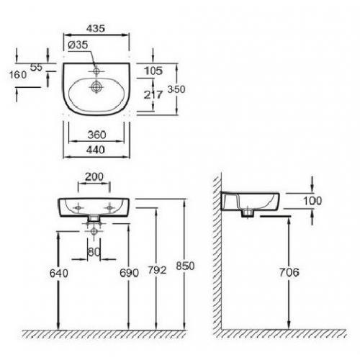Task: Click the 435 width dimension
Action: pos(96,29)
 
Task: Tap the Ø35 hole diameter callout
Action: pos(78,45)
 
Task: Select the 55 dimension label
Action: pos(37,68)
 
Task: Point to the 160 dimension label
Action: pos(18,75)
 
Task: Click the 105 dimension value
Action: pos(153,71)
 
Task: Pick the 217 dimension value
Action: pos(153,94)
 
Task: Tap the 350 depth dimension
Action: pos(176,89)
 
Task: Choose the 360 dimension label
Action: pos(96,135)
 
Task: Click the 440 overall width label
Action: pos(96,150)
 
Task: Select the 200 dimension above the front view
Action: pos(94,177)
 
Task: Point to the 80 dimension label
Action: pos(94,252)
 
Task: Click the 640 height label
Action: pos(59,273)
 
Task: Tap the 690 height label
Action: pos(129,273)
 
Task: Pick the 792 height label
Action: pos(157,270)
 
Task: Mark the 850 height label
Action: pos(185,266)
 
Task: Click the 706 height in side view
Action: pos(289,272)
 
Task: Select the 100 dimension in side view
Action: pos(312,201)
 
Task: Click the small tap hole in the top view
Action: pos(96,71)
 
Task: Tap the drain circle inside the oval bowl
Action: pos(96,87)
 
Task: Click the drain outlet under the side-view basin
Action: pos(247,213)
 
